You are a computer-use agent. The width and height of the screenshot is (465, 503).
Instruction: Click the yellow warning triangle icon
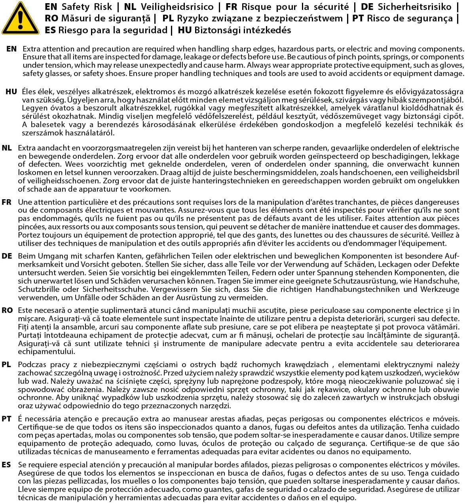[20, 19]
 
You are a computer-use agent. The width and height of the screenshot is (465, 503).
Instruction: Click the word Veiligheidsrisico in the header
[178, 7]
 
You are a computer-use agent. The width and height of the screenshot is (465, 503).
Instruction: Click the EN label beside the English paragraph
[11, 49]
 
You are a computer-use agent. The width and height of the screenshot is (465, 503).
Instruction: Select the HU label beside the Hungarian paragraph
[11, 91]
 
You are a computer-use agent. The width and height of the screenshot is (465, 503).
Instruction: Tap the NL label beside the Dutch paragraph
[7, 148]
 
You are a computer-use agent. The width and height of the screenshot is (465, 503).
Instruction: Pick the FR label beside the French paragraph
[7, 202]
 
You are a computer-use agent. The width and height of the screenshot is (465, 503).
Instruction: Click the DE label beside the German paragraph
[7, 256]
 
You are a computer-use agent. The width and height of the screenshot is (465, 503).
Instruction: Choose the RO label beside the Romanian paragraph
[7, 310]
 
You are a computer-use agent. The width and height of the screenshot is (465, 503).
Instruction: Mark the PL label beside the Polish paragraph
[6, 364]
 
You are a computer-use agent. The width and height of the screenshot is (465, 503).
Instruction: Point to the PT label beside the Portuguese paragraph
[6, 419]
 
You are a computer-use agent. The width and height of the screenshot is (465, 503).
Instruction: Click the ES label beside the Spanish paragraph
[6, 465]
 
